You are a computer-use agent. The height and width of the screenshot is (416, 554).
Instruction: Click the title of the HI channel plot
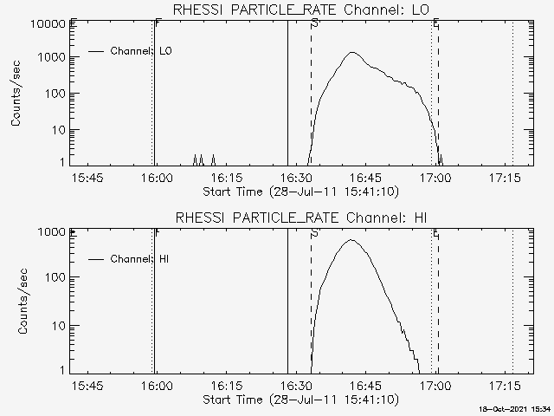(300, 217)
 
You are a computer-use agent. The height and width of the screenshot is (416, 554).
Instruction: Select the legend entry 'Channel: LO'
(141, 51)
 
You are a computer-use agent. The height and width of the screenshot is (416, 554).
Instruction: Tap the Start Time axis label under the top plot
(300, 191)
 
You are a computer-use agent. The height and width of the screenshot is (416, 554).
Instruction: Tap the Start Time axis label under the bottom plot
(300, 399)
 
